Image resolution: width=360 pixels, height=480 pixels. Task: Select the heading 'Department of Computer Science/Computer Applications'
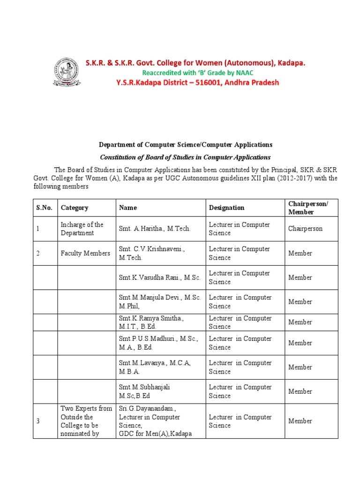point(185,145)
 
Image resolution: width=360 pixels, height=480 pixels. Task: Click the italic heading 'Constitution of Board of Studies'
point(185,157)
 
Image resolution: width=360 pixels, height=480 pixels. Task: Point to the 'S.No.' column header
point(45,208)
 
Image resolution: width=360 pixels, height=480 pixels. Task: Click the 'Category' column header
point(75,208)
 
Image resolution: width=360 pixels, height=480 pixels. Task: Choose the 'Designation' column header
point(226,208)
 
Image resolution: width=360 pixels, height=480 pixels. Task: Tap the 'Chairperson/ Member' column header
point(308,207)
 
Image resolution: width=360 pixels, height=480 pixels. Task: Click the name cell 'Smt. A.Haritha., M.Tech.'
point(155,229)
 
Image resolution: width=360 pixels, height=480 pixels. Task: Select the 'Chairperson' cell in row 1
point(306,229)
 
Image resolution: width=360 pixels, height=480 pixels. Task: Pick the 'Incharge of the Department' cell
point(82,229)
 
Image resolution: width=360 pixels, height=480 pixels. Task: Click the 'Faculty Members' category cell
point(85,253)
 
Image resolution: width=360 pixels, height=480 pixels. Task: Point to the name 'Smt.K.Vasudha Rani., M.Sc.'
point(159,277)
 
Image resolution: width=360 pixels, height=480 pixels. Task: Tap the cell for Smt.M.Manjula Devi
point(159,302)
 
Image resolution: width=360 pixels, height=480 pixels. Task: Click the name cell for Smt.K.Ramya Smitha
point(151,322)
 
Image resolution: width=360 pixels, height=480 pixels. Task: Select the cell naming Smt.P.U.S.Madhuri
point(158,343)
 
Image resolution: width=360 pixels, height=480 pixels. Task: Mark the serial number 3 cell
point(38,421)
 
